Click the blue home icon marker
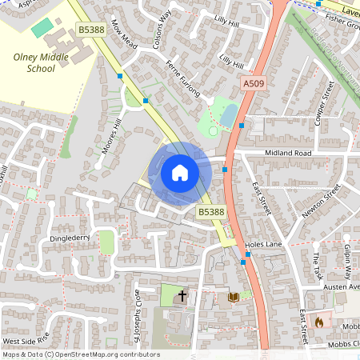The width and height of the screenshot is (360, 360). point(180,172)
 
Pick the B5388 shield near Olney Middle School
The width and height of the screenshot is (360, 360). point(91,30)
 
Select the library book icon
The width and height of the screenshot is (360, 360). point(234,298)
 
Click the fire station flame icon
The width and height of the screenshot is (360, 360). point(318,322)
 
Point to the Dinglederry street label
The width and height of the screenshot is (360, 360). point(69,238)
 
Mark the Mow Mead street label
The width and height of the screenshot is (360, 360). point(125,35)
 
